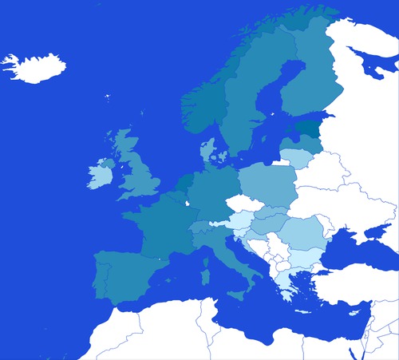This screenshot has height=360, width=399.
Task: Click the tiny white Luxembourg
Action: (x=188, y=204)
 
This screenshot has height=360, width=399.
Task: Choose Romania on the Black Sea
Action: (x=302, y=235)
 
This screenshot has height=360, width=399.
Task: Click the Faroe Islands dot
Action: (x=107, y=98)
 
